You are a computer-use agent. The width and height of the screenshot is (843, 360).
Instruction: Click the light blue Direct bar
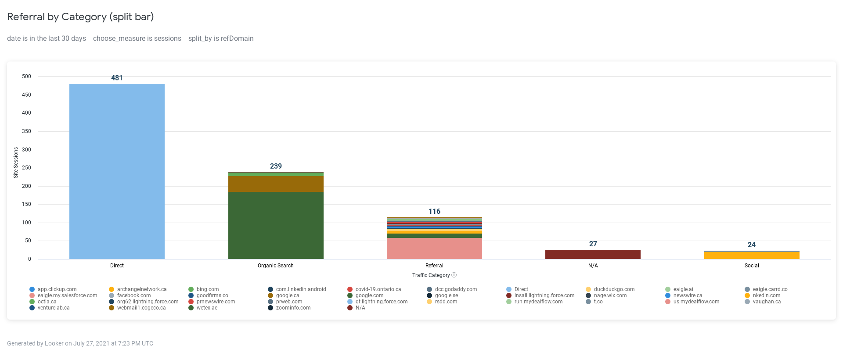117,171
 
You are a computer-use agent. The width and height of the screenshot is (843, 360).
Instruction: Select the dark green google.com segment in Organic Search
276,225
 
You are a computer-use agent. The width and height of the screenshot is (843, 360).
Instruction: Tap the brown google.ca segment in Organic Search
276,184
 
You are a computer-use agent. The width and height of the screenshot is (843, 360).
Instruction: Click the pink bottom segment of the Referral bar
434,248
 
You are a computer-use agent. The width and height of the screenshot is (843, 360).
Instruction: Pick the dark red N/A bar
593,254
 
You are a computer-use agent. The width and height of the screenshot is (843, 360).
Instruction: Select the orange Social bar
752,256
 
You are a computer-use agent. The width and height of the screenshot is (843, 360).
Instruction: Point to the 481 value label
117,78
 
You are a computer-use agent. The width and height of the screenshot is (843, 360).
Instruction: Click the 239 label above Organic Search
276,166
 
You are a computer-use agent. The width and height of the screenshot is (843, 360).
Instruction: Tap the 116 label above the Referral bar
434,211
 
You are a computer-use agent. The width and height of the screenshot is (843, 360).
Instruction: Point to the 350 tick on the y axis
27,131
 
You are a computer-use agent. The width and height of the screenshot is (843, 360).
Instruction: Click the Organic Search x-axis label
276,266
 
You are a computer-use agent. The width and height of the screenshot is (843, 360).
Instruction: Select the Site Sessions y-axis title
16,162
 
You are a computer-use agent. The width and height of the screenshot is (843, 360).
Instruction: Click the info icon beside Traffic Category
454,275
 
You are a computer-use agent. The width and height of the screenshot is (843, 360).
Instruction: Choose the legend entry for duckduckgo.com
614,289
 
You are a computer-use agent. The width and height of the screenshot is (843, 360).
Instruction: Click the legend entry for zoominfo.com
293,308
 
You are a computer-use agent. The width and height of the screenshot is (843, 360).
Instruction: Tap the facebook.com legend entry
133,295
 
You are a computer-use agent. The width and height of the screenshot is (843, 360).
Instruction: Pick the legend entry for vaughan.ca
766,302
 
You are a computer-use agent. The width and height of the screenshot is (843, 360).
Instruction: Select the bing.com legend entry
207,289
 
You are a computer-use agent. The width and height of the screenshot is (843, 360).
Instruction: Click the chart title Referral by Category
80,17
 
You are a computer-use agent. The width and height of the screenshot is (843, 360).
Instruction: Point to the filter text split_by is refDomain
221,39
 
